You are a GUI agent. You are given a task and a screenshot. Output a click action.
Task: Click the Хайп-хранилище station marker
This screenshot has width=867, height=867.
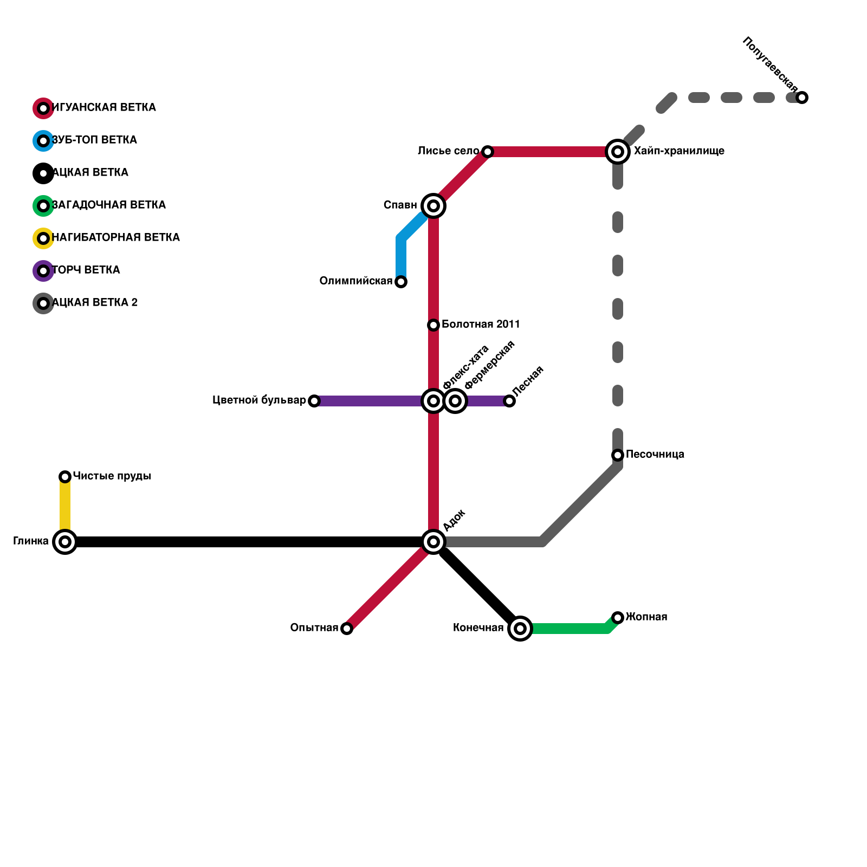point(618,152)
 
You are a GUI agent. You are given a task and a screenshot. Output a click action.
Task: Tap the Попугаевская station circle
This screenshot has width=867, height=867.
point(802,98)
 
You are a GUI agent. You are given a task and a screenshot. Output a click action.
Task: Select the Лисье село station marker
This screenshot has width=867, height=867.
point(488,152)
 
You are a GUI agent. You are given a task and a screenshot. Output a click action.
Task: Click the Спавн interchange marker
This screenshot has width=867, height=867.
point(433,206)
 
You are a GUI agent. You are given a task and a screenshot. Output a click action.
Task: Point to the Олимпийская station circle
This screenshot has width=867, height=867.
point(401,282)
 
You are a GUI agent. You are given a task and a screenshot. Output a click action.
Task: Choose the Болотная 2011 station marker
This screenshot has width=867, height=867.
point(433,325)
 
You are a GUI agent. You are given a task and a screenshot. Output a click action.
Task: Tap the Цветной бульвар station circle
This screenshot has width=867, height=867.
point(314,401)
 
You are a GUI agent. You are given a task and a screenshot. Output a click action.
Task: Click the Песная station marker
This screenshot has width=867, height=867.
point(509,401)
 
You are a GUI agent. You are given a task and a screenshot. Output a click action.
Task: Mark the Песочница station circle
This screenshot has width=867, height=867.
point(618,455)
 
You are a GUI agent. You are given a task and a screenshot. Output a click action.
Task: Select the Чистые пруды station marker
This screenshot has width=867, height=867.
point(65,477)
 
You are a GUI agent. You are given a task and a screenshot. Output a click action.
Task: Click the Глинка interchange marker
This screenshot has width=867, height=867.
point(65,542)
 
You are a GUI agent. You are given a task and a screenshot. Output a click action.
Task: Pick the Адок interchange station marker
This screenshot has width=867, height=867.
point(433,542)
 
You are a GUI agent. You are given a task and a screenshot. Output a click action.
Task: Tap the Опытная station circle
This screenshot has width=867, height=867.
point(347,629)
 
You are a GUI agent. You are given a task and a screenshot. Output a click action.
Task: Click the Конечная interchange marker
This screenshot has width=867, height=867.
point(520,629)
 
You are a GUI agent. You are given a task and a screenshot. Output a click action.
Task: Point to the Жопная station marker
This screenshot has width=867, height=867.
point(618,618)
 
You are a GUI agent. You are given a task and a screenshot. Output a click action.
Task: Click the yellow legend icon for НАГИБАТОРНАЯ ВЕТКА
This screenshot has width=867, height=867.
point(43,238)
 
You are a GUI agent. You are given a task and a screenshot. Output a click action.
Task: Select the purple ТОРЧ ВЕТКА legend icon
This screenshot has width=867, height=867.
point(43,271)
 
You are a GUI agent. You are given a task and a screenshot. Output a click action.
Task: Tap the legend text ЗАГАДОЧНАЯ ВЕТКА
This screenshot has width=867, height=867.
point(109,205)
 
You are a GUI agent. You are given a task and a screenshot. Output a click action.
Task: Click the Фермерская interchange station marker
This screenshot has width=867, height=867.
point(456,401)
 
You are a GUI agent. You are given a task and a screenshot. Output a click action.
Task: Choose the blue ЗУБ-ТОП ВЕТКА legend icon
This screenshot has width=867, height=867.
point(43,141)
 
